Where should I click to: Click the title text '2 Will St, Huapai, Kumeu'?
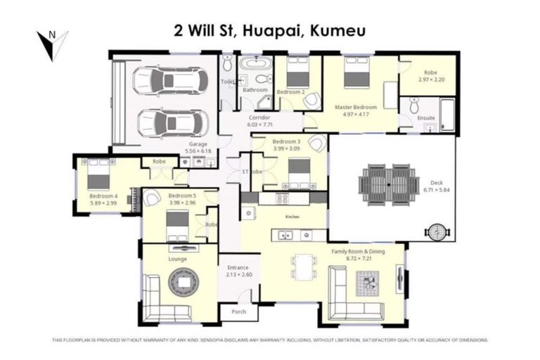coord(269,30)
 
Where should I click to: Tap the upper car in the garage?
coord(172,80)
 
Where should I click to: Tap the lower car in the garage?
coord(172,123)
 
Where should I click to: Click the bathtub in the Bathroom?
coord(255,70)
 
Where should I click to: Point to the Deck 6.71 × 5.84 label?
coord(436,186)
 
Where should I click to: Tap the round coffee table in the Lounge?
coord(184,283)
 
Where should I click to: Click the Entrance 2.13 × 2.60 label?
coord(238,271)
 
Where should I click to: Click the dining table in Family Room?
coord(304,268)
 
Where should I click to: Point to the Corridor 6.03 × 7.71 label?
coord(260,121)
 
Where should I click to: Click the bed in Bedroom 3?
coord(299,171)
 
